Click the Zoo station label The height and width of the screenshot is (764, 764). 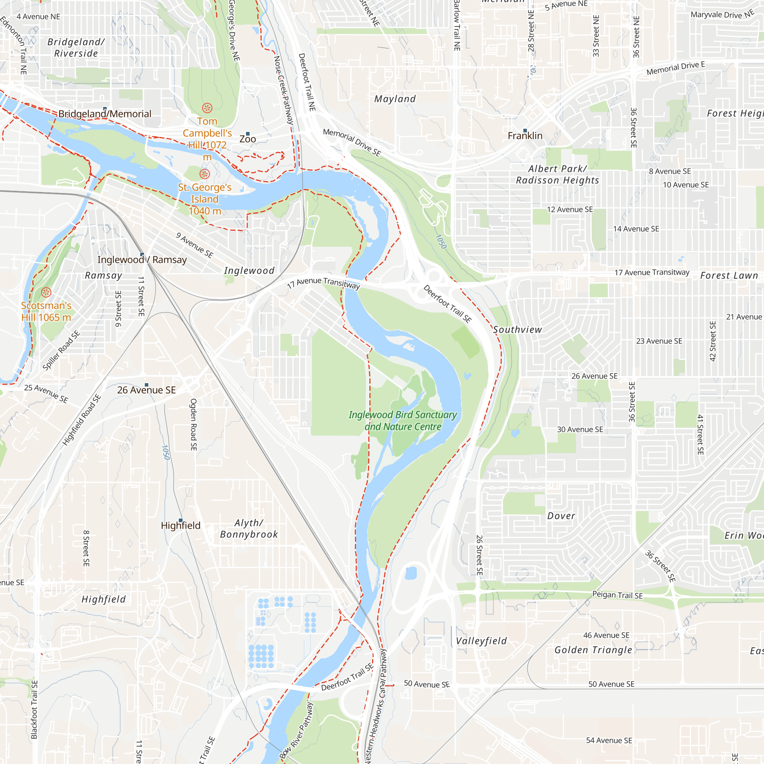coord(248,139)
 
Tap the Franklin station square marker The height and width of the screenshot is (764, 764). coord(525,131)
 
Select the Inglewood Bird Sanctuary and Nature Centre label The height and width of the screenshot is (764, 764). coord(403,421)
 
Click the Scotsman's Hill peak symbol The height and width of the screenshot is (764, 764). coord(46,293)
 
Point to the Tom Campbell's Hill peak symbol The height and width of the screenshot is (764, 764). coord(207,108)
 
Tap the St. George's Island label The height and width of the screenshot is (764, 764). coord(205,199)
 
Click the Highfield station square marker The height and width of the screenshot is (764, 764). coord(181,520)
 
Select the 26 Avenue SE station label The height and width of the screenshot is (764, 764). coord(146,390)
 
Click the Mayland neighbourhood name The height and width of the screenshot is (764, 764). coord(395,99)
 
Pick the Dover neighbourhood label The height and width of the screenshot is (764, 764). coord(561,516)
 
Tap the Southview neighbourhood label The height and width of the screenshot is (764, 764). coord(518,330)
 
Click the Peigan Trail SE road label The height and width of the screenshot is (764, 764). coord(617,595)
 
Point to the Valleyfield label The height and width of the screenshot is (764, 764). coord(481,641)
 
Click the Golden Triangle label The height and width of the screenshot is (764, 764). coord(593,650)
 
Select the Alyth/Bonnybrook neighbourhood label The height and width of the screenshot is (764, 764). coord(249,529)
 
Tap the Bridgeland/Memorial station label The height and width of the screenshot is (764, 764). coord(105,114)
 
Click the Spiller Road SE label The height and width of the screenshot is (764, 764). coord(61,350)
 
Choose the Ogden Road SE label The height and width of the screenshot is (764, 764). coord(193,424)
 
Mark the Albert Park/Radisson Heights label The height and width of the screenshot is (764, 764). coord(558,175)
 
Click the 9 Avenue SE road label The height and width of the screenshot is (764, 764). coord(194,245)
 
